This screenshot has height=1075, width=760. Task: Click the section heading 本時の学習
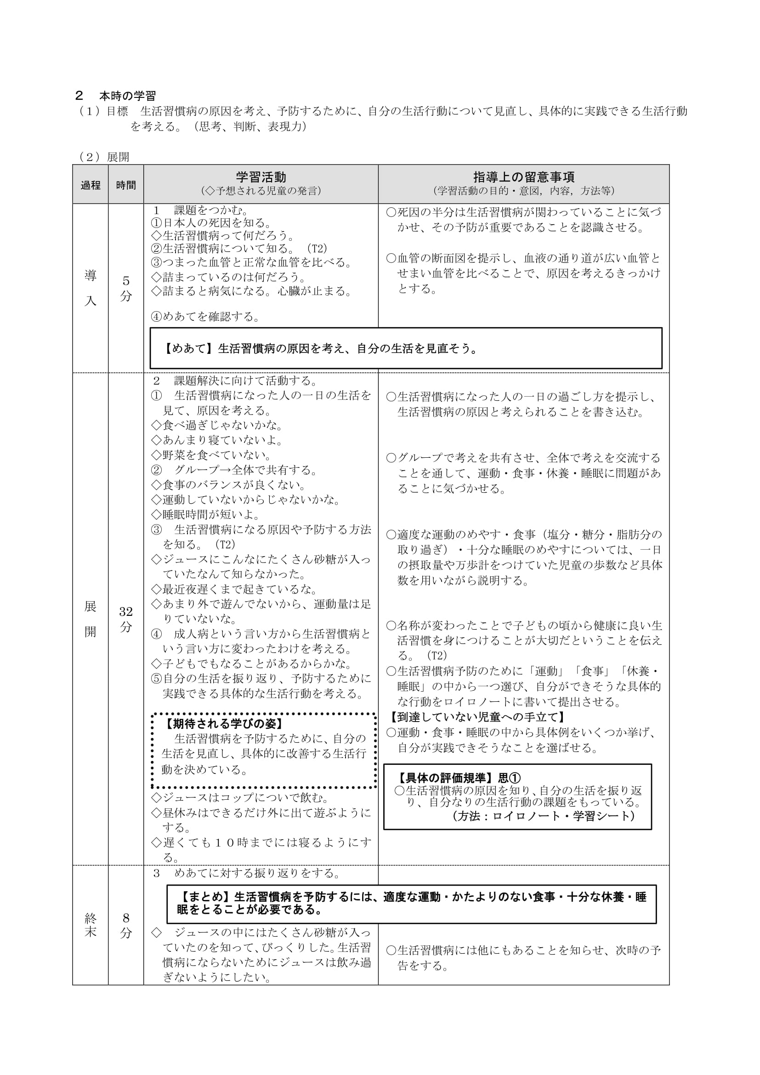coord(127,96)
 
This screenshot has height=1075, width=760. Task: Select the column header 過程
coord(91,185)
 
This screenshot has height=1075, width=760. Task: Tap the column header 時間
coord(126,185)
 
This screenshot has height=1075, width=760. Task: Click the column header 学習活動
coord(261,177)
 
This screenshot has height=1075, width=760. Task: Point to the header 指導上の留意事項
coord(523,177)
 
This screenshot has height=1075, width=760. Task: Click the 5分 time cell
coord(126,289)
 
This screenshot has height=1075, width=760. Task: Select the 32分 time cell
coord(126,619)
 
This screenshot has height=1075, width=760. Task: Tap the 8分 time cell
coord(126,926)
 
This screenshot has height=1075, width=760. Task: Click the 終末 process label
coord(91,926)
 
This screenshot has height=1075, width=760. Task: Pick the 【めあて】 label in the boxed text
coord(190,349)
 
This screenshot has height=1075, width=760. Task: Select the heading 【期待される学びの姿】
coord(223,724)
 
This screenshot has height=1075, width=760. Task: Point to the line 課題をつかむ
coord(210,210)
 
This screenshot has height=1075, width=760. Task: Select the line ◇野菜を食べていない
coord(211,455)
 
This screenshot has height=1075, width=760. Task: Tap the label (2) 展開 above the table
coord(104,157)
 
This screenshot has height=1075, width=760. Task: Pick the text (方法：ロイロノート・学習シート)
coord(543,816)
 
